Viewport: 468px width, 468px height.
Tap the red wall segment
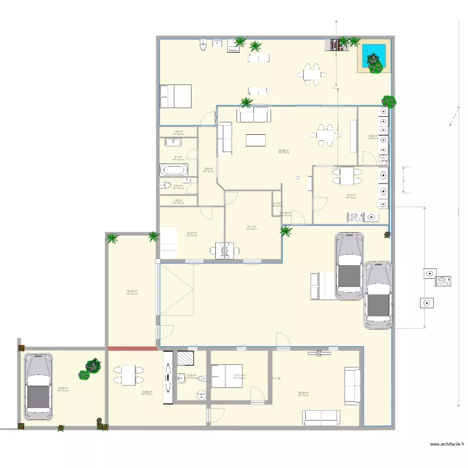click(132, 348)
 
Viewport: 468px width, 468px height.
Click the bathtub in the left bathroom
click(173, 170)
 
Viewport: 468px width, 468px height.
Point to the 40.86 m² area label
click(283, 150)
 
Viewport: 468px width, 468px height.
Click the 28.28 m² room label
click(303, 393)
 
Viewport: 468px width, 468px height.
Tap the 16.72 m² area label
click(132, 291)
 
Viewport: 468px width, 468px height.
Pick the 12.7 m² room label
click(252, 227)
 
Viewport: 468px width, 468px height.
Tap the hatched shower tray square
click(186, 358)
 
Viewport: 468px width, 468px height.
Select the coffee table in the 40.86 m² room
click(255, 140)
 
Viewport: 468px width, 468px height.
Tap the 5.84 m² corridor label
click(208, 168)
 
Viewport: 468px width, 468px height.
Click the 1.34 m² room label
click(178, 131)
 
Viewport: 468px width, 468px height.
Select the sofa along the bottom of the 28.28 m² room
click(321, 416)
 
